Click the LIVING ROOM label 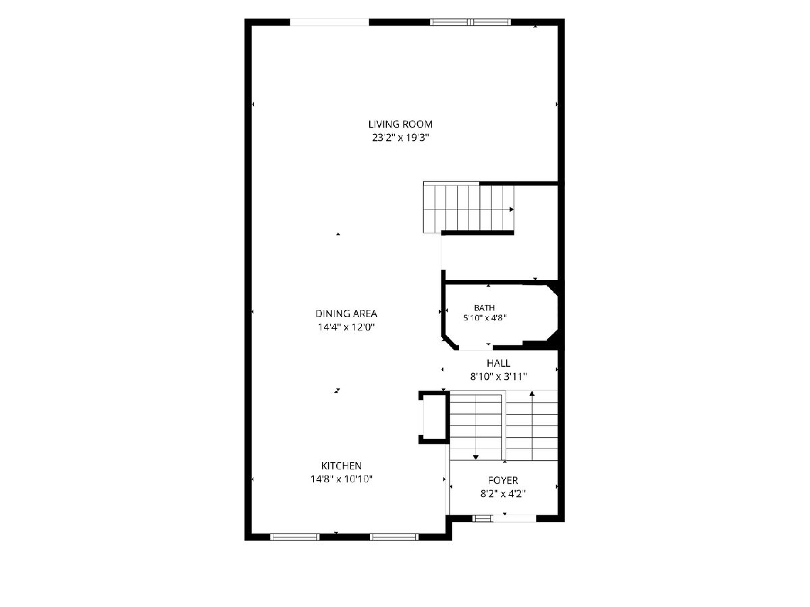[400, 124]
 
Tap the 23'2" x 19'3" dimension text [400, 138]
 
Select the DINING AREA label [346, 314]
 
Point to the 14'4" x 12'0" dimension [346, 327]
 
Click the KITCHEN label [342, 465]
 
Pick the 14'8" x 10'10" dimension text [342, 479]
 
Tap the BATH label [484, 308]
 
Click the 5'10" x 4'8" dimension [485, 318]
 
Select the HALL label [499, 363]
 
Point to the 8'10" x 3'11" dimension [498, 376]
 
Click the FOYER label [503, 480]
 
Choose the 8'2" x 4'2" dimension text [503, 494]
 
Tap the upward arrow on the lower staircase [532, 426]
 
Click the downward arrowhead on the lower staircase [476, 457]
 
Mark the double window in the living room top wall [470, 22]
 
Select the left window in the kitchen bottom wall [294, 537]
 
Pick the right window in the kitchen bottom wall [394, 537]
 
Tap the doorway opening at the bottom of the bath [476, 347]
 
